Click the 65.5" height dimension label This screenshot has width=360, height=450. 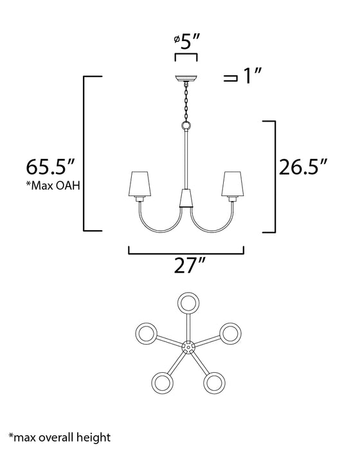(x=51, y=166)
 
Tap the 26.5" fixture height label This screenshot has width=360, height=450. (x=303, y=166)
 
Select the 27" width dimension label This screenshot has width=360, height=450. (x=190, y=265)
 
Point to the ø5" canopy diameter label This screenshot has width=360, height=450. (x=186, y=42)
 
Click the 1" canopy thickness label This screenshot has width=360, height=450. (x=252, y=76)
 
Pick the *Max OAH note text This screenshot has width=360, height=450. (x=53, y=186)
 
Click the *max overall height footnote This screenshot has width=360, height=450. (x=59, y=437)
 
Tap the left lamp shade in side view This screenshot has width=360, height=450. (x=139, y=184)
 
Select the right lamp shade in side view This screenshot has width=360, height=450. (x=233, y=184)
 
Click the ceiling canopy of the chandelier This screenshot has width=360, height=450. (x=186, y=78)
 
